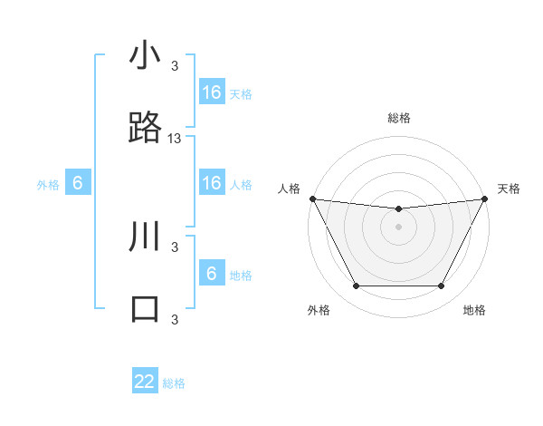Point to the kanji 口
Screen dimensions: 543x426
tap(145, 308)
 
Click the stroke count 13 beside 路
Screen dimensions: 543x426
tap(175, 139)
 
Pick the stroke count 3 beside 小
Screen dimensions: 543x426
tap(175, 65)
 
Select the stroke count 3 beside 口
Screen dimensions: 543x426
tap(175, 319)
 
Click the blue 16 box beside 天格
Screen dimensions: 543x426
tap(212, 92)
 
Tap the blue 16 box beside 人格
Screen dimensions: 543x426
tap(212, 183)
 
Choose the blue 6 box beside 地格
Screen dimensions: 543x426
tap(212, 274)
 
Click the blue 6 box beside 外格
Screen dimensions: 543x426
tap(78, 184)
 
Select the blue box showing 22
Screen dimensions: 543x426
tap(145, 382)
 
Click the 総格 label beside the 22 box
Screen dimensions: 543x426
tap(174, 383)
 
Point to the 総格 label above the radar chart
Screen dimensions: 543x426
tap(398, 118)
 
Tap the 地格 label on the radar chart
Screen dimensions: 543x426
tap(474, 310)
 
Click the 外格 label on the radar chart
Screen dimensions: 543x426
tap(319, 310)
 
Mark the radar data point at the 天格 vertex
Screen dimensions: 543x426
tap(485, 198)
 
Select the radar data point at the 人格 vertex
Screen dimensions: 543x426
tap(312, 198)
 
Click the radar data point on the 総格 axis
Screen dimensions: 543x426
tap(398, 209)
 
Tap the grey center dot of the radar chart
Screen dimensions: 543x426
tap(398, 227)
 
